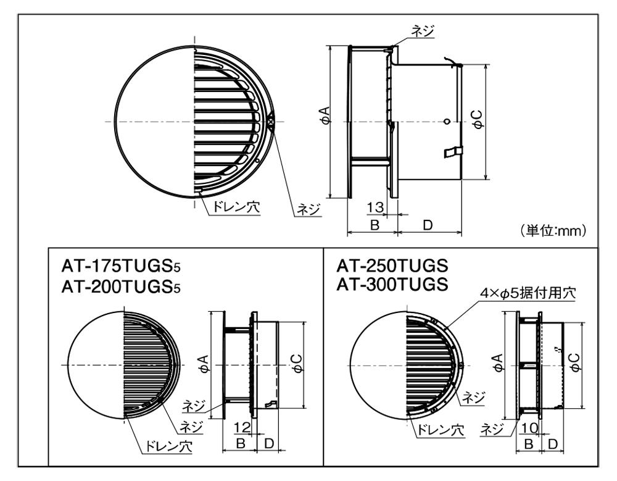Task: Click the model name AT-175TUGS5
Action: coord(121,267)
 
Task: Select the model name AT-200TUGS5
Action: coord(121,287)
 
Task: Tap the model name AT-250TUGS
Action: coord(392,266)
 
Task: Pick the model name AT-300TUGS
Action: coord(392,284)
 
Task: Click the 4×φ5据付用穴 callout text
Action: coord(528,293)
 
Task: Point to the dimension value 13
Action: coord(375,207)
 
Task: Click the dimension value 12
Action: coord(242,427)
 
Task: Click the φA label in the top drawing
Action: coord(326,115)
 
